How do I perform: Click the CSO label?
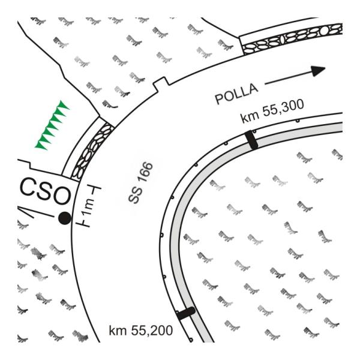44,191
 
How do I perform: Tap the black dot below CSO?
64,218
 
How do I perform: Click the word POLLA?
237,92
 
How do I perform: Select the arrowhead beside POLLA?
318,70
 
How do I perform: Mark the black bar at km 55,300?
252,140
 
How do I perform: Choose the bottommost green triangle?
40,143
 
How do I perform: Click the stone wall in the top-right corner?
291,37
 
